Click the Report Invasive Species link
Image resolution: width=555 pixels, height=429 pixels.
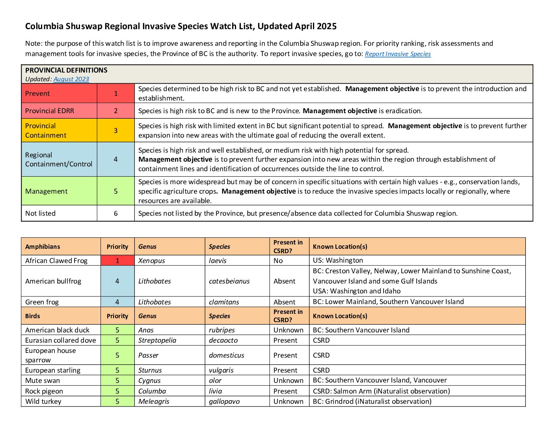397,54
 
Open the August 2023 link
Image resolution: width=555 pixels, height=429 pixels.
71,79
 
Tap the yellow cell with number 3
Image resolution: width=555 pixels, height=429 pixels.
115,131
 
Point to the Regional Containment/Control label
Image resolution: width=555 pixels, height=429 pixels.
59,159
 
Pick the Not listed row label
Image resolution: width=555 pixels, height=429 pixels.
40,213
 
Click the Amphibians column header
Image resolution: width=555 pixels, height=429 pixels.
43,247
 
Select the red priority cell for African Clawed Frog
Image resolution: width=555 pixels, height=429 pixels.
117,261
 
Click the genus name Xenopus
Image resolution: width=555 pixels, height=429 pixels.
151,261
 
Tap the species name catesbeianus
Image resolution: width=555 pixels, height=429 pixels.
229,281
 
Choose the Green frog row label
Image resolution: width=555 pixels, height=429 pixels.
42,302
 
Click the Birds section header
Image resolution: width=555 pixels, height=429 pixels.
33,316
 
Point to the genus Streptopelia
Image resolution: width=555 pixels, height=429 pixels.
157,340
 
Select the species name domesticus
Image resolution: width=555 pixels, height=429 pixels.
226,355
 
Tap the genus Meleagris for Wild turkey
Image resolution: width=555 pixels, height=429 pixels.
154,401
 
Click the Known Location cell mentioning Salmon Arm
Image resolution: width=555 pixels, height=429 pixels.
381,391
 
